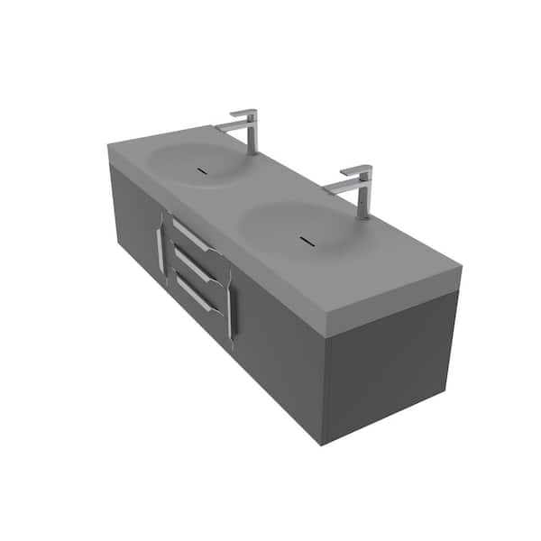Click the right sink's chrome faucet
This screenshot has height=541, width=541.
click(362, 194)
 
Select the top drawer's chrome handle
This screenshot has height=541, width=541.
click(190, 235)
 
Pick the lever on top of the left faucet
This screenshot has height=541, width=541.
click(243, 114)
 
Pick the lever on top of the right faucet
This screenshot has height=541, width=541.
click(356, 170)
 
